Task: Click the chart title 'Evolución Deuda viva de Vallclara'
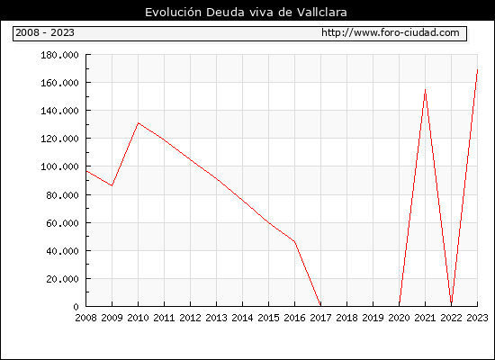pyautogui.click(x=246, y=13)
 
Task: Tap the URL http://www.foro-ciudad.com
pyautogui.click(x=391, y=32)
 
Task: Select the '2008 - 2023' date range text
pyautogui.click(x=45, y=32)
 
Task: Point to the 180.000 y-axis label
pyautogui.click(x=59, y=55)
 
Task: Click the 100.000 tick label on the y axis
pyautogui.click(x=59, y=166)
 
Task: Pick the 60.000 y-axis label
pyautogui.click(x=62, y=223)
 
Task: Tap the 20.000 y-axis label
pyautogui.click(x=62, y=279)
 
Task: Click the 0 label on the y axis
pyautogui.click(x=76, y=307)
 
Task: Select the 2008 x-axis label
pyautogui.click(x=85, y=318)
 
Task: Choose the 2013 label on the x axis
pyautogui.click(x=216, y=318)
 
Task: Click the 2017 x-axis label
pyautogui.click(x=320, y=318)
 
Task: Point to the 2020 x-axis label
pyautogui.click(x=399, y=318)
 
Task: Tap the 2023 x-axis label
pyautogui.click(x=477, y=318)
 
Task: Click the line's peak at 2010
pyautogui.click(x=139, y=122)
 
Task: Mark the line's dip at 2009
pyautogui.click(x=112, y=185)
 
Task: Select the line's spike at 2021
pyautogui.click(x=425, y=90)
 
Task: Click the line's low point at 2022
pyautogui.click(x=452, y=302)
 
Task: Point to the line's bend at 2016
pyautogui.click(x=294, y=241)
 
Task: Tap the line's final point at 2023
pyautogui.click(x=477, y=70)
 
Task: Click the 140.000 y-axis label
pyautogui.click(x=59, y=111)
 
